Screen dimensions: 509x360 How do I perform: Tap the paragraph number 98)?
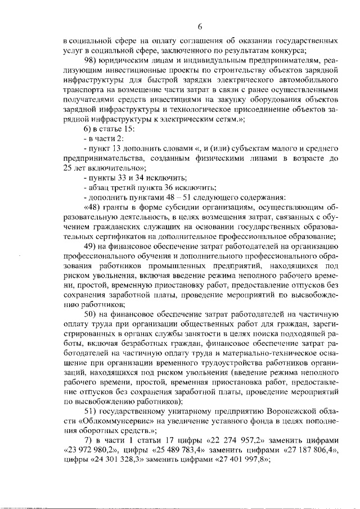pyautogui.click(x=91, y=60)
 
